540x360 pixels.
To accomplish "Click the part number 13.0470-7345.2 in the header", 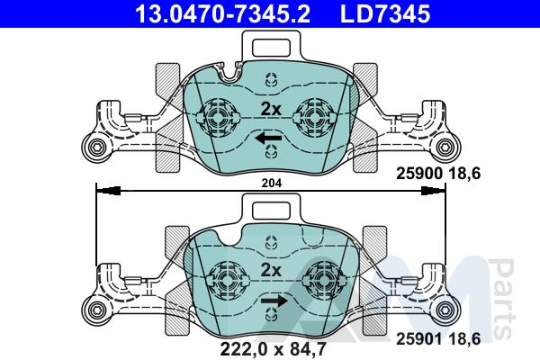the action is [223, 13].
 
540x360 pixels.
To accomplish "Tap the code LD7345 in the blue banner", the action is [385, 13].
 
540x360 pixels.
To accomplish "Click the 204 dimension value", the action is [272, 183].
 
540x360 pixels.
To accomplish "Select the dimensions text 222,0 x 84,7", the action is [273, 348].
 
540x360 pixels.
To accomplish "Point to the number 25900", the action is [419, 174].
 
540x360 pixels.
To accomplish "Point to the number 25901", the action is [419, 339].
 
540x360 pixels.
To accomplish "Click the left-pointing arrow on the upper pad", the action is [268, 138].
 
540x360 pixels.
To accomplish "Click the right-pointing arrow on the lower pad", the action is [274, 301].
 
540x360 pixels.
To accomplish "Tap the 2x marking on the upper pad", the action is [271, 109].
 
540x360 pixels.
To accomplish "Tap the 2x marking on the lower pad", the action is [271, 270].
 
